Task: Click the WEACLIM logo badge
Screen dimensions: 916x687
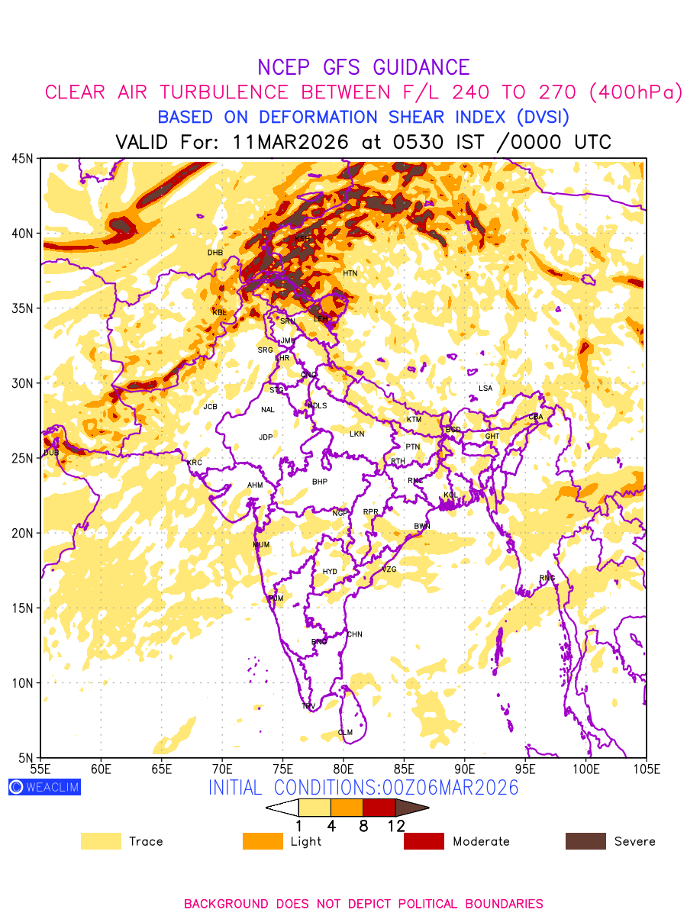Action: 44,787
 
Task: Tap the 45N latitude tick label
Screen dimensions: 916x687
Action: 21,159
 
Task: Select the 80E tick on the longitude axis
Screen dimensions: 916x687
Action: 343,768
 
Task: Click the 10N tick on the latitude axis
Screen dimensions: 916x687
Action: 21,682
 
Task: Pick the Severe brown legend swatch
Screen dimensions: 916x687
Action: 585,841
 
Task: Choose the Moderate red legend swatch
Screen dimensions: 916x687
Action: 424,841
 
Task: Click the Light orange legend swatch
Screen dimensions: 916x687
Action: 262,841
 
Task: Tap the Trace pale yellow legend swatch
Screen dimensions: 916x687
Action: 101,841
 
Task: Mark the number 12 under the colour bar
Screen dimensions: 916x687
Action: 396,826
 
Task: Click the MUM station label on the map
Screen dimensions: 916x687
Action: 261,545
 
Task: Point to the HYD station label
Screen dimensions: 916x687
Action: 330,572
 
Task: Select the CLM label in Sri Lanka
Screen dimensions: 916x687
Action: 345,733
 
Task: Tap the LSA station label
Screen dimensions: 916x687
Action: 485,389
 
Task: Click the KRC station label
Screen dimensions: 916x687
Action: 195,463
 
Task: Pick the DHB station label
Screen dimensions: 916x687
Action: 215,253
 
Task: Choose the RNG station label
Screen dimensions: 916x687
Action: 547,578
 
